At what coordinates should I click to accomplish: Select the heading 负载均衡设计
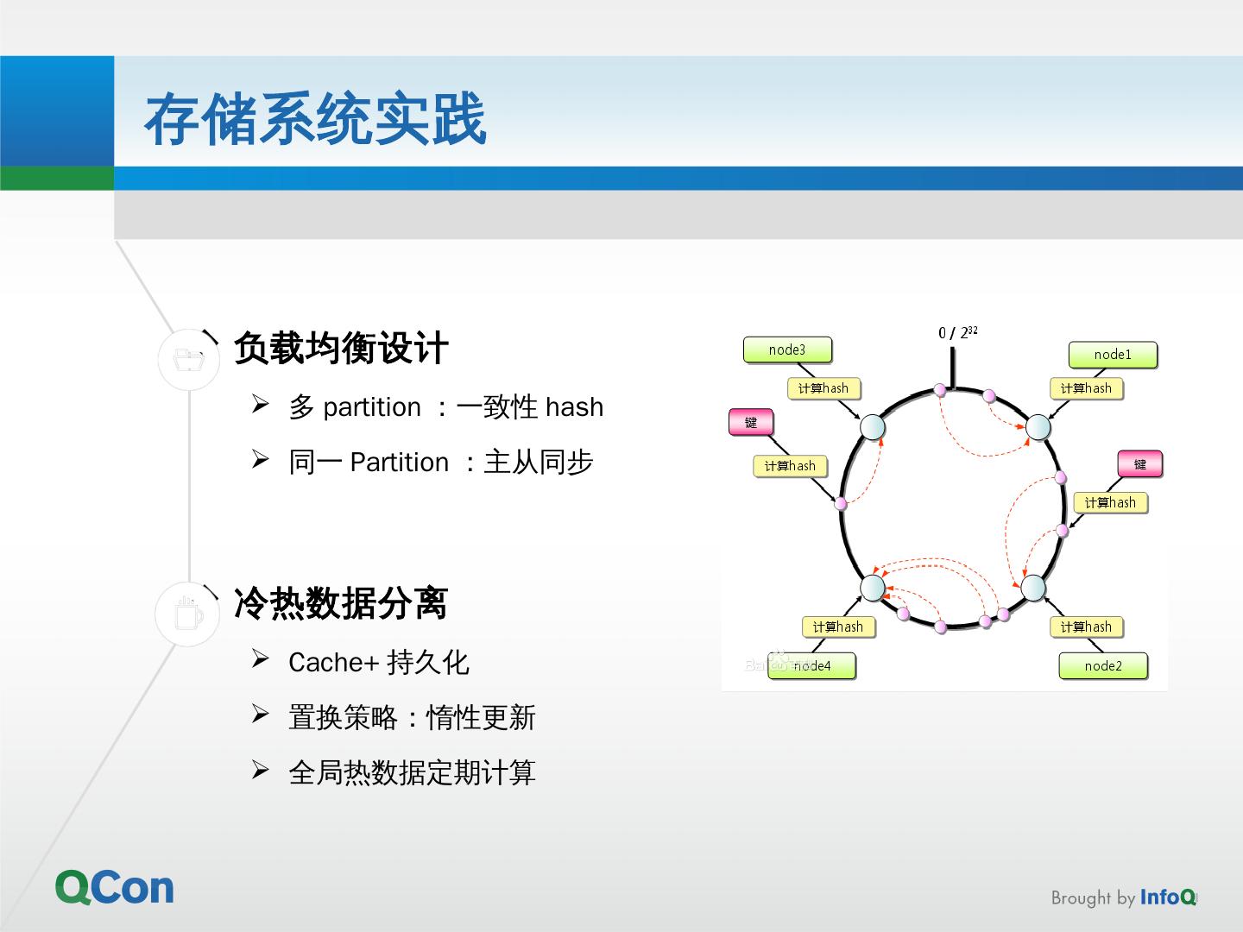(341, 349)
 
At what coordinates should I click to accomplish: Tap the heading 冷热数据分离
(341, 603)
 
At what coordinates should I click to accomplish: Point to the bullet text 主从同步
(539, 463)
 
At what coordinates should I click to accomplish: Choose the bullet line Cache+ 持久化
(378, 663)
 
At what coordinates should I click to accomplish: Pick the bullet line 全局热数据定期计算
(412, 772)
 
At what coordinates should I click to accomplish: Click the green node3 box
(786, 349)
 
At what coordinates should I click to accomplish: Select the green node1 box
(1112, 355)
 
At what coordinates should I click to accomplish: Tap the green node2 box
(1103, 666)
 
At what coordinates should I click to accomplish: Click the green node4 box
(811, 666)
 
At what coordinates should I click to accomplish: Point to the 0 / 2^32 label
(957, 332)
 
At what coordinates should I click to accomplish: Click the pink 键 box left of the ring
(750, 422)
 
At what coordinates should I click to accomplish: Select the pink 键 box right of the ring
(1139, 464)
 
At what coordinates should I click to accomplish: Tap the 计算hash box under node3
(823, 388)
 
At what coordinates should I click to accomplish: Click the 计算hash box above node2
(1085, 627)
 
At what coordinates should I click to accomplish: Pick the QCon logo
(115, 887)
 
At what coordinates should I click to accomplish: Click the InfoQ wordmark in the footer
(1168, 897)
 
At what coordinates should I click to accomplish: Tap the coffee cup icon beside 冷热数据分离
(188, 614)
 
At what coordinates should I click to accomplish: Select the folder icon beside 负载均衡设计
(189, 358)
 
